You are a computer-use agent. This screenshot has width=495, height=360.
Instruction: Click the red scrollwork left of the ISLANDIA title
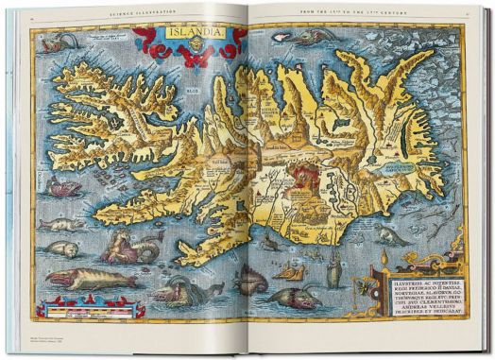pyautogui.click(x=147, y=42)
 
